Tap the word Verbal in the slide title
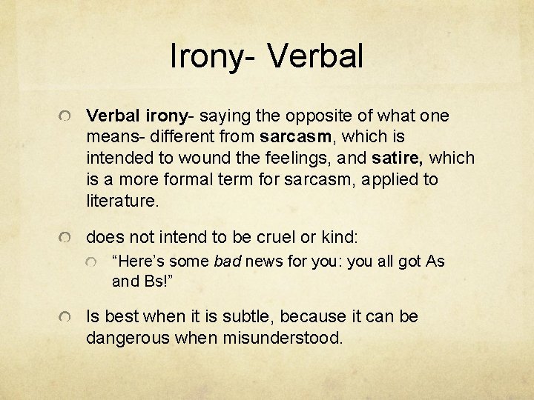(x=314, y=56)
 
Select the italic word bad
(x=226, y=261)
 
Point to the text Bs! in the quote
(x=156, y=281)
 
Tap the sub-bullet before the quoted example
(x=91, y=262)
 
